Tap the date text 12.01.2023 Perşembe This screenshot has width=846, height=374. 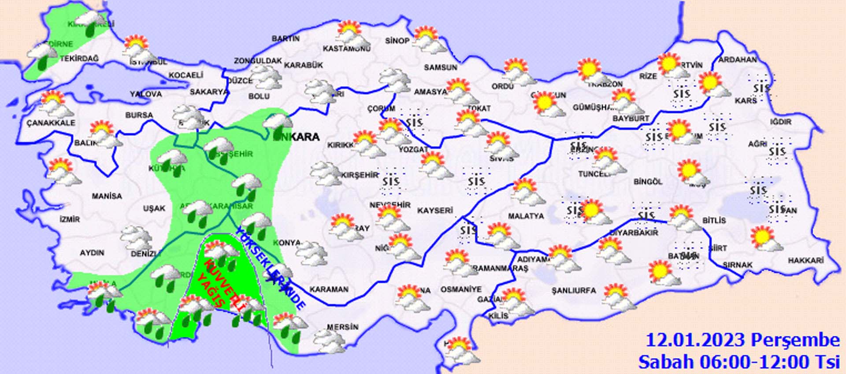click(x=742, y=340)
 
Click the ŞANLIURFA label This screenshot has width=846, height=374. click(x=573, y=291)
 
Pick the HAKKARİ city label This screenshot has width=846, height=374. click(x=805, y=261)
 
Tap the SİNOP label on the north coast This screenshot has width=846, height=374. click(x=397, y=41)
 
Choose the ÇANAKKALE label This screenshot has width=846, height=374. click(x=51, y=123)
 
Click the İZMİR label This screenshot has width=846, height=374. click(x=70, y=219)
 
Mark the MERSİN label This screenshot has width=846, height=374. click(x=342, y=327)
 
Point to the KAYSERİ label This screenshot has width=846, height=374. click(x=435, y=211)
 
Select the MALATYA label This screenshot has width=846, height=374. click(x=526, y=216)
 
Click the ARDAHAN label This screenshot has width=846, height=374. click(x=738, y=59)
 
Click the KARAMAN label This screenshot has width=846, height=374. click(x=329, y=289)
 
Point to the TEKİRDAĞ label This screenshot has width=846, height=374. click(x=79, y=59)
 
